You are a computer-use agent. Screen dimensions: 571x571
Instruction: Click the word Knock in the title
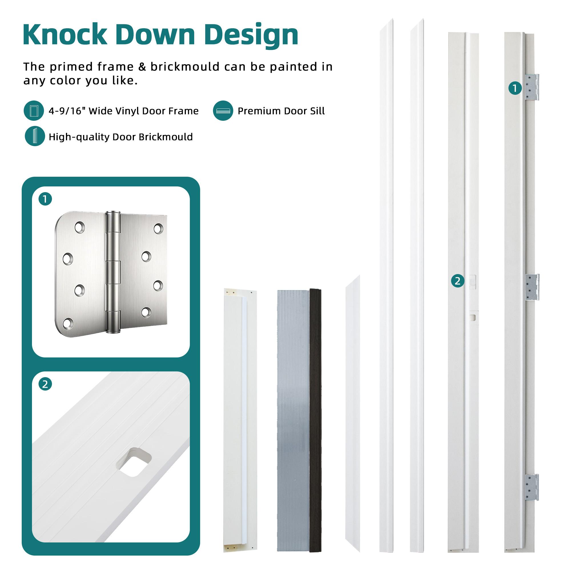[x=65, y=35]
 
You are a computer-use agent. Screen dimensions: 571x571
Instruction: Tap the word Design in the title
[x=251, y=35]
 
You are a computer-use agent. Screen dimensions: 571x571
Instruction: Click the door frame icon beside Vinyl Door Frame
[x=34, y=111]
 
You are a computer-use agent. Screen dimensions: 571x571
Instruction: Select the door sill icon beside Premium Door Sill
[x=223, y=111]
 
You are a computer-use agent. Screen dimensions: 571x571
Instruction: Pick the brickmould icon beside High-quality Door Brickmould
[x=35, y=136]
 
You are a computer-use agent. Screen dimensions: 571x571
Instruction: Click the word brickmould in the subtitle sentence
[x=185, y=67]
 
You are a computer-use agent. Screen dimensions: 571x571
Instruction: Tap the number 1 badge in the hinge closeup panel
[x=45, y=199]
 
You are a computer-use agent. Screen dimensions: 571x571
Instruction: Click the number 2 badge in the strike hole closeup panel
[x=45, y=385]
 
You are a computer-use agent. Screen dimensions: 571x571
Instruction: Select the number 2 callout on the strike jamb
[x=457, y=281]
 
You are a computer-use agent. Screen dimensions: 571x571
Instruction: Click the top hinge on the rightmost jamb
[x=532, y=87]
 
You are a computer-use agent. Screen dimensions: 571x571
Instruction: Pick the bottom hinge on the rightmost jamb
[x=532, y=487]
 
